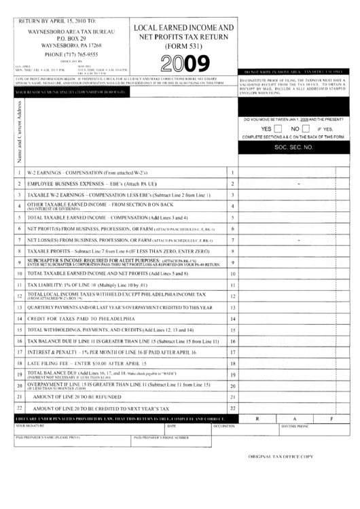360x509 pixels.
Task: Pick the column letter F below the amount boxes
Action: coord(331,419)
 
